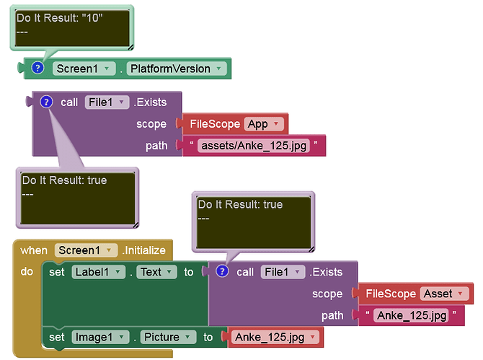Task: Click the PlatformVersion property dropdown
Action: point(177,69)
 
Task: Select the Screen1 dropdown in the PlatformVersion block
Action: point(84,69)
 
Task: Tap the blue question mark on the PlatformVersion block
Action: point(37,68)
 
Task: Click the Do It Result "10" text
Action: point(59,18)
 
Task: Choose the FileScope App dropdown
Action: point(263,124)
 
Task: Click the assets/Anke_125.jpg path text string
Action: point(254,146)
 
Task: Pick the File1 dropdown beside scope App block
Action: point(107,102)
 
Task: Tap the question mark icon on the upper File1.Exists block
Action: point(46,102)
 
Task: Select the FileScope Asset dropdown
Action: point(443,294)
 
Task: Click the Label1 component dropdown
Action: point(98,272)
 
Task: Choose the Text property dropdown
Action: point(156,272)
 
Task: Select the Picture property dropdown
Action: point(168,337)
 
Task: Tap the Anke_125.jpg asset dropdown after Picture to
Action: point(275,337)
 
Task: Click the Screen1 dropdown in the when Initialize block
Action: point(86,250)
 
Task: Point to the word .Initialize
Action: point(144,250)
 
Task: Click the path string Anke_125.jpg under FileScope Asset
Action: point(412,315)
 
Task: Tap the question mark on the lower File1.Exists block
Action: point(222,271)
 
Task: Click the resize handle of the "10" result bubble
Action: point(130,47)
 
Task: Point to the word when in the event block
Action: point(34,250)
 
